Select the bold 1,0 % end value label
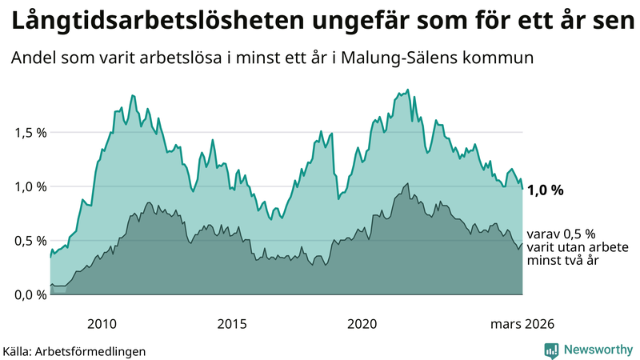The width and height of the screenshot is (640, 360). click(x=546, y=190)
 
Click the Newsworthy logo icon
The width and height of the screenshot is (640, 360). click(x=551, y=350)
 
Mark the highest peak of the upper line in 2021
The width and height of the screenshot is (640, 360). click(x=408, y=90)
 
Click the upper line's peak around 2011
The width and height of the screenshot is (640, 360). click(x=133, y=95)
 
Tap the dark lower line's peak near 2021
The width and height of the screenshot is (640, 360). click(x=408, y=183)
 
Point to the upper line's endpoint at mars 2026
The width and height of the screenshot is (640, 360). click(x=523, y=189)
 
